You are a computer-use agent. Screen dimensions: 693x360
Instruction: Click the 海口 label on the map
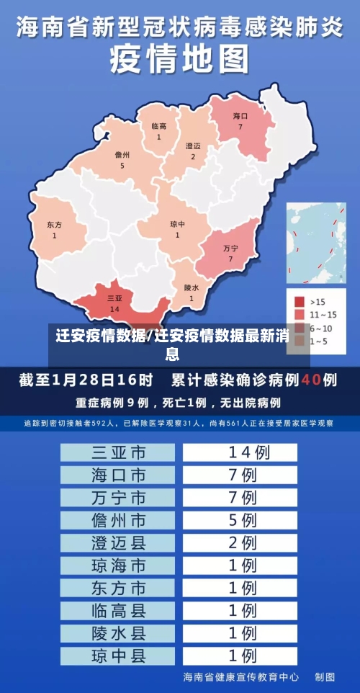[240, 116]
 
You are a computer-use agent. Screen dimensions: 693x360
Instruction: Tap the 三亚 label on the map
[114, 298]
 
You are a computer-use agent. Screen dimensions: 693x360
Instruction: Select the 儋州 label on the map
[122, 155]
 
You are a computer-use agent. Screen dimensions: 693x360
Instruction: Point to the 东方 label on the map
[54, 225]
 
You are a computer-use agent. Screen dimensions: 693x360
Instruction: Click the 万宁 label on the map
[230, 248]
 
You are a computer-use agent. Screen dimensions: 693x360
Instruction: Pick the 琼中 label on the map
[177, 224]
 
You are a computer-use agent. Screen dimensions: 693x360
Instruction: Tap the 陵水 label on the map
[191, 287]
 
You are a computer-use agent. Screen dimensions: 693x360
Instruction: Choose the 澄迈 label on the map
[193, 146]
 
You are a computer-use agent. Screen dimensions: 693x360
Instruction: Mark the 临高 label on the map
[158, 127]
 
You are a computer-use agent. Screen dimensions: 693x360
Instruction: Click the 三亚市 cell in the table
[118, 452]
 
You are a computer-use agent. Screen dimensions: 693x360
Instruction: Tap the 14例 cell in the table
[240, 452]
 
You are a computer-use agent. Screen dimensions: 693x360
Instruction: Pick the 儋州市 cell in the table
[118, 520]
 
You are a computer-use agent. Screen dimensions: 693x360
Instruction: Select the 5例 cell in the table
[240, 520]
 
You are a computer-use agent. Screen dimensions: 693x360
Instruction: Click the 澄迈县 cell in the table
[118, 542]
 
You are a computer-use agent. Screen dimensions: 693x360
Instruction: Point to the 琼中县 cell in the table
[118, 656]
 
